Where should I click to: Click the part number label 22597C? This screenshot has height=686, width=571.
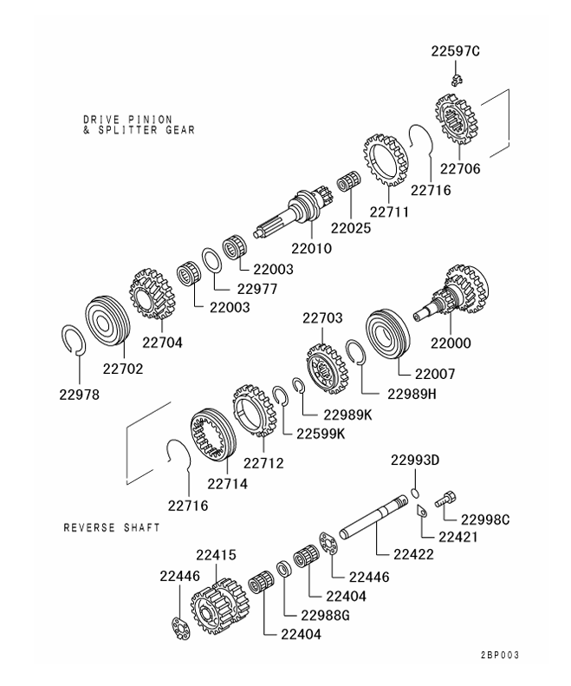pos(455,52)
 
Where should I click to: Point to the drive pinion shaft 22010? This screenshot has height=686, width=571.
pos(295,215)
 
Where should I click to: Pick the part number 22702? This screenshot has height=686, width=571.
pos(123,368)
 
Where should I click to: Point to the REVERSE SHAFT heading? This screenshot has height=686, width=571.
pos(112,527)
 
